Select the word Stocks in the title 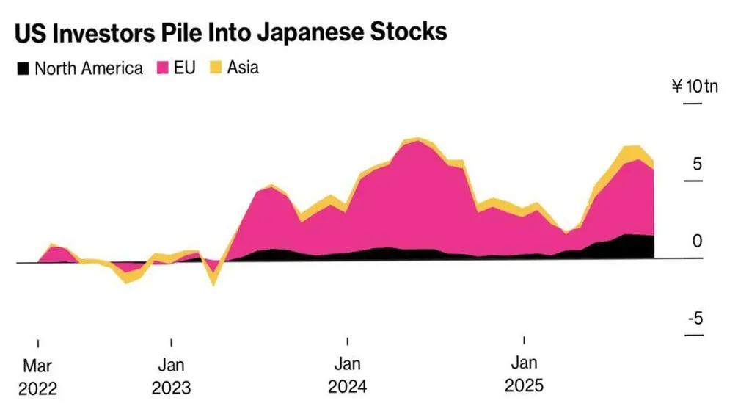409,32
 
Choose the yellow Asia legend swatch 216,68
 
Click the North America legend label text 89,69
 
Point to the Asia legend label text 243,68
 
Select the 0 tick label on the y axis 697,242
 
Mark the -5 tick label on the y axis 694,319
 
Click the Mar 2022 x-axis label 37,376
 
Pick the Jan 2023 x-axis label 171,376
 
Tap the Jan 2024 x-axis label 348,375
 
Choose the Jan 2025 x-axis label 524,374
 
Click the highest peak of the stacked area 417,138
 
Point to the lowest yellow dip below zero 213,283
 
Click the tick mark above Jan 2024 348,341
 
